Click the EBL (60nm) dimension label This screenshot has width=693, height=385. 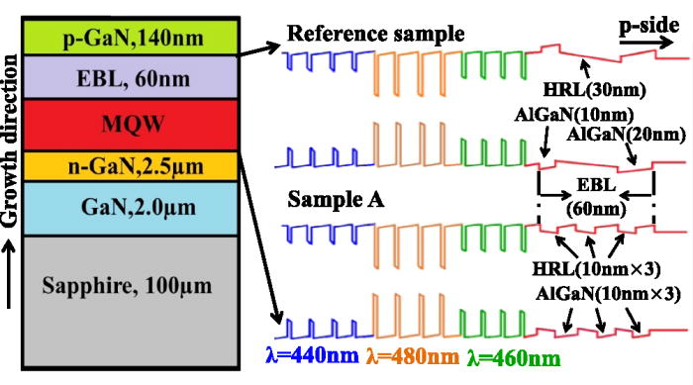[594, 199]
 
